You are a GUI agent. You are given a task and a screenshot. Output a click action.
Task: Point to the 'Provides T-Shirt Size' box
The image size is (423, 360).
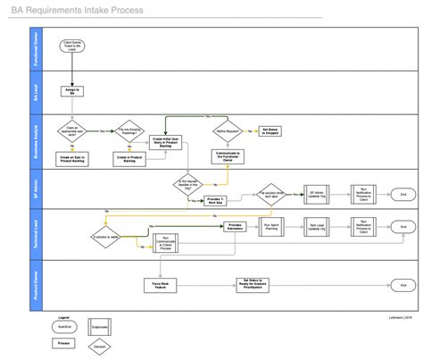(x=215, y=199)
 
